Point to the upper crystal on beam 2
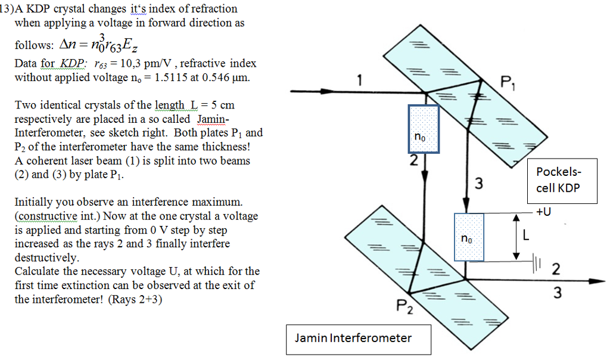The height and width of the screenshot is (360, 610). [x=423, y=129]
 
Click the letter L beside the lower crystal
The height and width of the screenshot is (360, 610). [x=525, y=237]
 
